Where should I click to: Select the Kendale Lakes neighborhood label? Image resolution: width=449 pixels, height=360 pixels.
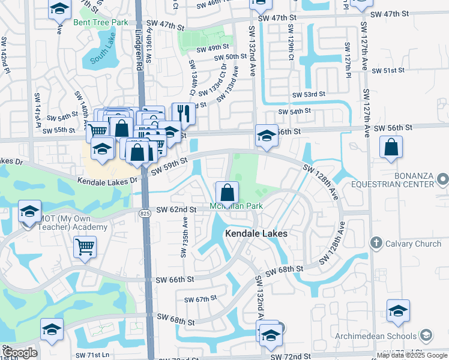(256, 233)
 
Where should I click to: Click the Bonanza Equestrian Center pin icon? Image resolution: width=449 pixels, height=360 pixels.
(442, 179)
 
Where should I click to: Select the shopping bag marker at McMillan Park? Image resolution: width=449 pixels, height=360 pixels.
(227, 193)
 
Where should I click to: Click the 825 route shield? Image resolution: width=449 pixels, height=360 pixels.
(145, 213)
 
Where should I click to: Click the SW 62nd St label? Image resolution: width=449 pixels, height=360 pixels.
(176, 209)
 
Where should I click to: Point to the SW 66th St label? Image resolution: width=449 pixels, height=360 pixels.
(175, 280)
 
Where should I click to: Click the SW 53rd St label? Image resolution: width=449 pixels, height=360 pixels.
(308, 95)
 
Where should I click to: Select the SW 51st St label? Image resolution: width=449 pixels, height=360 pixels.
(388, 71)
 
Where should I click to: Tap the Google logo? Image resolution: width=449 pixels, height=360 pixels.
(19, 353)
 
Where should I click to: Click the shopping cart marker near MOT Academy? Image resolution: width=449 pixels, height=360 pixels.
(85, 247)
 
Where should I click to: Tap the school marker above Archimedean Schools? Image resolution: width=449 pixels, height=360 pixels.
(397, 312)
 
